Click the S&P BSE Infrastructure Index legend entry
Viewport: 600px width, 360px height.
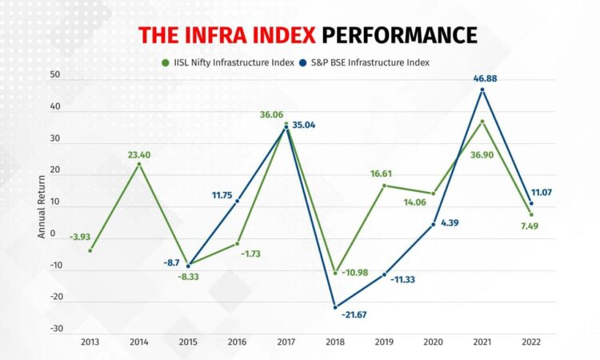(368, 62)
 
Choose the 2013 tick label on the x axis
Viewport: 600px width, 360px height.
(89, 342)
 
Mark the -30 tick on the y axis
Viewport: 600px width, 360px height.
(54, 329)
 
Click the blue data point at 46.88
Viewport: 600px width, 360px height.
(482, 90)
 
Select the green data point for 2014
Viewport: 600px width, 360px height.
(138, 164)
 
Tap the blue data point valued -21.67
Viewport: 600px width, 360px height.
(334, 306)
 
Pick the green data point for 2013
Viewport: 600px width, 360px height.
(90, 250)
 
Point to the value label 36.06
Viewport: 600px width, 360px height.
(272, 114)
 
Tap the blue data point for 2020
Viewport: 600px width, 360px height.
(433, 224)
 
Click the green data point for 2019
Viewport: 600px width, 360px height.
(384, 186)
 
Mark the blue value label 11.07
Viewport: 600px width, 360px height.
(541, 192)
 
